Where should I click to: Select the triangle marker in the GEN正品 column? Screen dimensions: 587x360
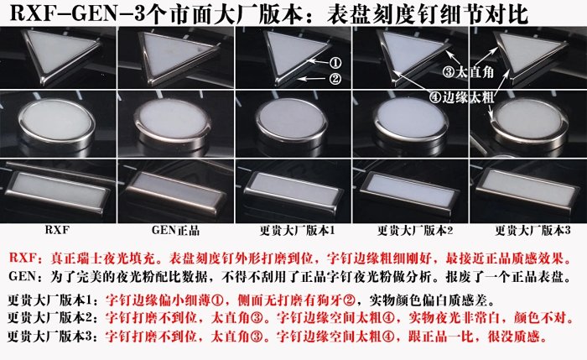tap(175, 55)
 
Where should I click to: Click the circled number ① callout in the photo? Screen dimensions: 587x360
tap(335, 63)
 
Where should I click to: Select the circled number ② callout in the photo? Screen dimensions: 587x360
tap(335, 79)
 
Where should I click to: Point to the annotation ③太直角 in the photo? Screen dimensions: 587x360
tap(468, 71)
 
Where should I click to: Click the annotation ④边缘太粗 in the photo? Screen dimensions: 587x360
tap(461, 97)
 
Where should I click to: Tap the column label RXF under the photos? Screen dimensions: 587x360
tap(57, 230)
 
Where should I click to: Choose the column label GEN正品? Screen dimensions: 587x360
tap(175, 230)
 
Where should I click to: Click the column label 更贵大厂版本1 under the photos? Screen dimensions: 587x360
tap(297, 231)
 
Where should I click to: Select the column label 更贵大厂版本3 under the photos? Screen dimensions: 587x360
tap(532, 231)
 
